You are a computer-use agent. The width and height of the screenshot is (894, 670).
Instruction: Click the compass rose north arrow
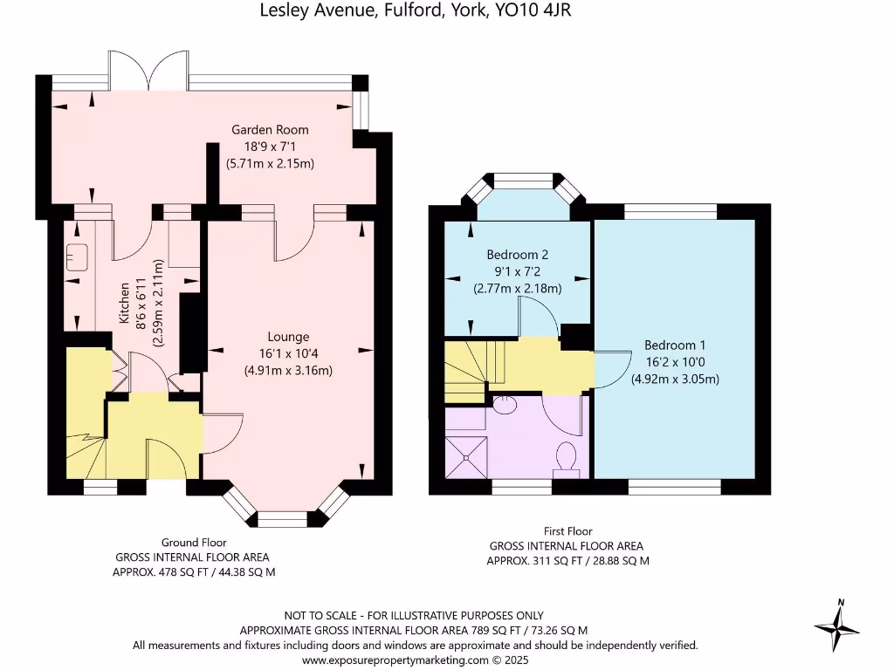coord(838,625)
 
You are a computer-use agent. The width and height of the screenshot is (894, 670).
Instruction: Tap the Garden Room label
coord(270,130)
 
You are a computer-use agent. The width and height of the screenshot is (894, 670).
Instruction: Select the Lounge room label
coord(288,337)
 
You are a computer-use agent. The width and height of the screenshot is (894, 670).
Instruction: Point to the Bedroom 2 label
coord(517,255)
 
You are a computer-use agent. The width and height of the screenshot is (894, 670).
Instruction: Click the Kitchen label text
coord(126,304)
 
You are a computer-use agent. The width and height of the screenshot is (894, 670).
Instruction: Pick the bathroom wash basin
coord(505,404)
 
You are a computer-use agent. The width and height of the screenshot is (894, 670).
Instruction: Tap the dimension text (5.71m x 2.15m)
coord(270,163)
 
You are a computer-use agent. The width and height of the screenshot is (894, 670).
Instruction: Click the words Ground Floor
coord(193,542)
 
